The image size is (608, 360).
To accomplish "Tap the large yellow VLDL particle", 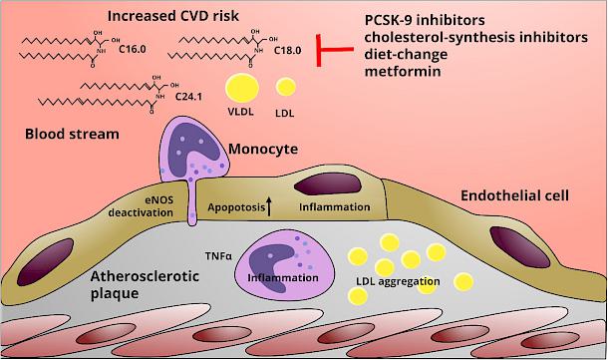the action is (x=242, y=88).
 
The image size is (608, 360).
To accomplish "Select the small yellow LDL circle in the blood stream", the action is (x=286, y=87).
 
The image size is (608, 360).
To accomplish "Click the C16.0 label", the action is (x=133, y=49).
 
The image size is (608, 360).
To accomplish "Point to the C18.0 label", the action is (x=287, y=51).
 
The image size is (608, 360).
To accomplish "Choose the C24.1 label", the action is (x=188, y=96).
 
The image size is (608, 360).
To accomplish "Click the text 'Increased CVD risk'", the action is (x=173, y=16).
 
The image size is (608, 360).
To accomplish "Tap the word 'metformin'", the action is (x=403, y=72).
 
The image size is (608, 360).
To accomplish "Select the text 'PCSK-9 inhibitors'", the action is (x=425, y=20).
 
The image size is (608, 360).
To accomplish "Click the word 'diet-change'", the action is (x=406, y=54).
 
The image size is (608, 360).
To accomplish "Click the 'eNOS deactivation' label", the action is (x=141, y=206).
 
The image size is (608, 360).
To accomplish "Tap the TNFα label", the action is (x=218, y=256).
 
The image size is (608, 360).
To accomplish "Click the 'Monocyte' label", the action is (x=263, y=149).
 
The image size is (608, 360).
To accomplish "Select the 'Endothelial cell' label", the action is (x=514, y=195).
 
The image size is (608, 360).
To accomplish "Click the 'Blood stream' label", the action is (x=72, y=135).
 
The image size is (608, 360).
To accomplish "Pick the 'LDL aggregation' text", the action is (x=398, y=281).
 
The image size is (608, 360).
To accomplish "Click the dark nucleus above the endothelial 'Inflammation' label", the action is (x=328, y=184).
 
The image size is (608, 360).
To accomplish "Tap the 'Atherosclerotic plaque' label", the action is (x=145, y=284).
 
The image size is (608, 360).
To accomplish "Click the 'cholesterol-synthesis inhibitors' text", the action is (x=476, y=37).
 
